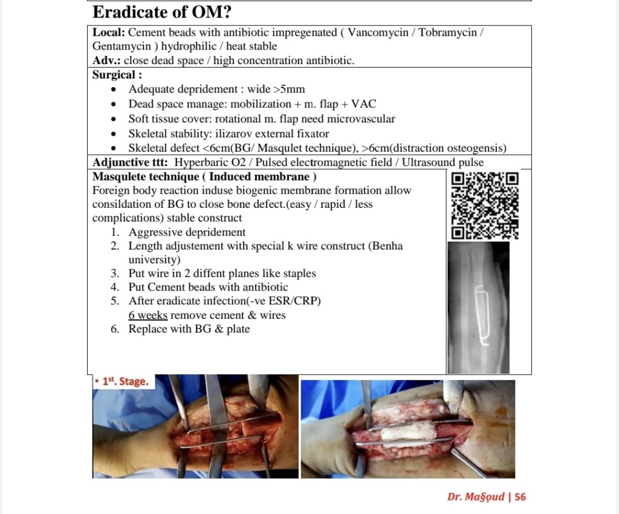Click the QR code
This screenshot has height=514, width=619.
485,205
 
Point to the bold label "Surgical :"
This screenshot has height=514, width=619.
117,75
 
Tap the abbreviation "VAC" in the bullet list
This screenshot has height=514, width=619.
363,104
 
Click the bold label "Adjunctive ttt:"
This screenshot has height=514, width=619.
131,162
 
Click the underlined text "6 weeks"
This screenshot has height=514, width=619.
148,315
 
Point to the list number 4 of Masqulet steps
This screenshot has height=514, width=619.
115,287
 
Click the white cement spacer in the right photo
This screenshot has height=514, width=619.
406,433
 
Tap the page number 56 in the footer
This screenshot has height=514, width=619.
520,496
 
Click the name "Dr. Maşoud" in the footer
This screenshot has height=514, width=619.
476,496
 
